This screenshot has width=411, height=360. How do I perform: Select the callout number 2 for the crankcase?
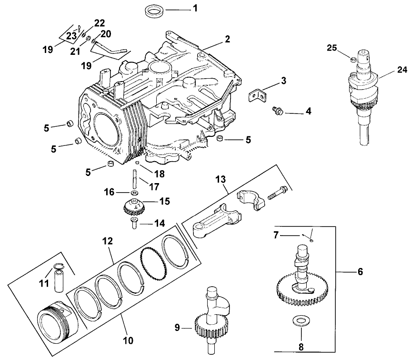point(227,39)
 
